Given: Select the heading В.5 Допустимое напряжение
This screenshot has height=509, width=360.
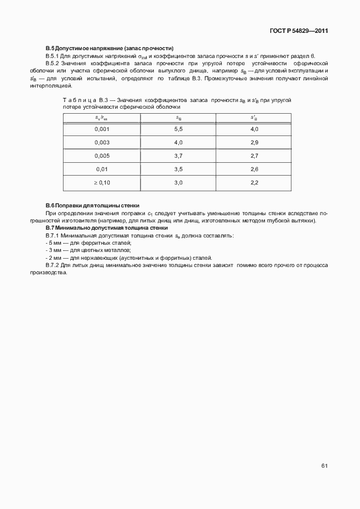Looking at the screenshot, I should pyautogui.click(x=110, y=49).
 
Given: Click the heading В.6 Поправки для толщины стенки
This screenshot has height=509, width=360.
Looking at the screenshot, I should pyautogui.click(x=93, y=206).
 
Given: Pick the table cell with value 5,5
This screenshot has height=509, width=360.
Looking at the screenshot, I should pyautogui.click(x=178, y=129).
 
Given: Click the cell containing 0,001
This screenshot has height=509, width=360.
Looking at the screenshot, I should pyautogui.click(x=102, y=129).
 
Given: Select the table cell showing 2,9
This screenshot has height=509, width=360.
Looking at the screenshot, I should pyautogui.click(x=254, y=142).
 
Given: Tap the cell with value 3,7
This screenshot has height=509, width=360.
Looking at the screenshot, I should pyautogui.click(x=178, y=156).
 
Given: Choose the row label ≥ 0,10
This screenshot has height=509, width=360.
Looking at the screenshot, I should pyautogui.click(x=102, y=182).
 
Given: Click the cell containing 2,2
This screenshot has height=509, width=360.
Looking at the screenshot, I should pyautogui.click(x=254, y=182).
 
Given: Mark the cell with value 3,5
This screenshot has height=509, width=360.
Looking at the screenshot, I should pyautogui.click(x=178, y=169).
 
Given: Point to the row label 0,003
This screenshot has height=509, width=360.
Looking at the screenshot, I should pyautogui.click(x=102, y=142).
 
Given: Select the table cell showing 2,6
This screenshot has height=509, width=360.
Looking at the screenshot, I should pyautogui.click(x=254, y=169).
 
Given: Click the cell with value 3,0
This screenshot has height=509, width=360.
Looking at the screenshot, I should pyautogui.click(x=178, y=182).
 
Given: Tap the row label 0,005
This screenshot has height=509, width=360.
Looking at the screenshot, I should pyautogui.click(x=102, y=156).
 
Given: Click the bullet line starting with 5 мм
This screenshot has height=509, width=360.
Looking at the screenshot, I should pyautogui.click(x=89, y=243).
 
